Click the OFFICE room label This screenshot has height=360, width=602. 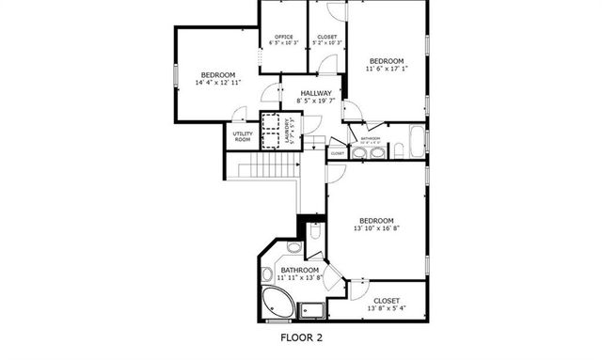tap(283, 36)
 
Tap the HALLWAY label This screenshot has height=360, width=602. tap(315, 92)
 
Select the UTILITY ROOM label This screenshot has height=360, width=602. tap(242, 136)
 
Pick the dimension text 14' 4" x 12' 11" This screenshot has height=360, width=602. tap(217, 83)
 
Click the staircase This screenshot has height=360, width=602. tap(267, 172)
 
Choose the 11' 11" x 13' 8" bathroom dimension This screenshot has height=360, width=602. tap(300, 277)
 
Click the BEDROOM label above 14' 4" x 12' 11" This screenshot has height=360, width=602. tap(217, 74)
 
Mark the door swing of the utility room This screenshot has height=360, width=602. tap(241, 116)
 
